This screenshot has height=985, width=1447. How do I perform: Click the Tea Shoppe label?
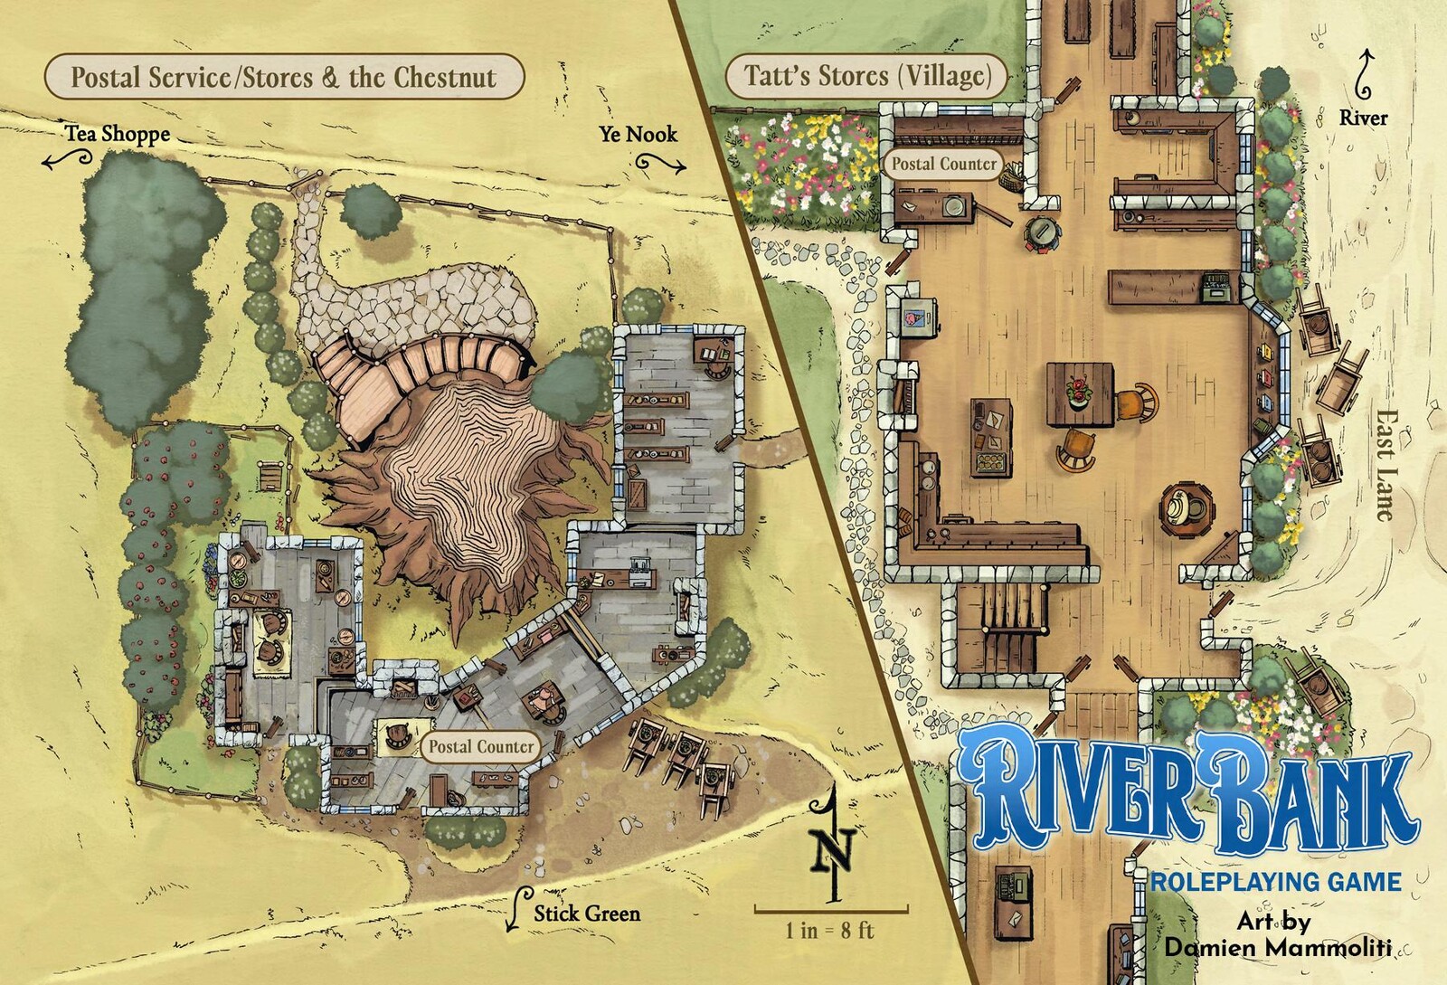point(117,134)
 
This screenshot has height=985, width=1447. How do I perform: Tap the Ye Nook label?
point(638,134)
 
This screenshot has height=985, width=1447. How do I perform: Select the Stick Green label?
point(586,913)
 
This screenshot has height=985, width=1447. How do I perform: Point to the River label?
point(1363,118)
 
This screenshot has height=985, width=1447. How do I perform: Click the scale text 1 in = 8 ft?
point(829,930)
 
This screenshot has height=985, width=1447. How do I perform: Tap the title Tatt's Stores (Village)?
point(867,75)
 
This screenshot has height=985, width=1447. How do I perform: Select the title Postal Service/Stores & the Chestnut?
point(283,77)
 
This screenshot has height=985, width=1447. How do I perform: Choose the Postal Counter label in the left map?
point(480,746)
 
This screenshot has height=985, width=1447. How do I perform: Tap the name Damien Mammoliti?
point(1277,947)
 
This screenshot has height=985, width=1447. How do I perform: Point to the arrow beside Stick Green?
point(518,907)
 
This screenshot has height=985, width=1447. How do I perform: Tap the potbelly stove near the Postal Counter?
point(1043,232)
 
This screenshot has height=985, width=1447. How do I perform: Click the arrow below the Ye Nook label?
point(661,164)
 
